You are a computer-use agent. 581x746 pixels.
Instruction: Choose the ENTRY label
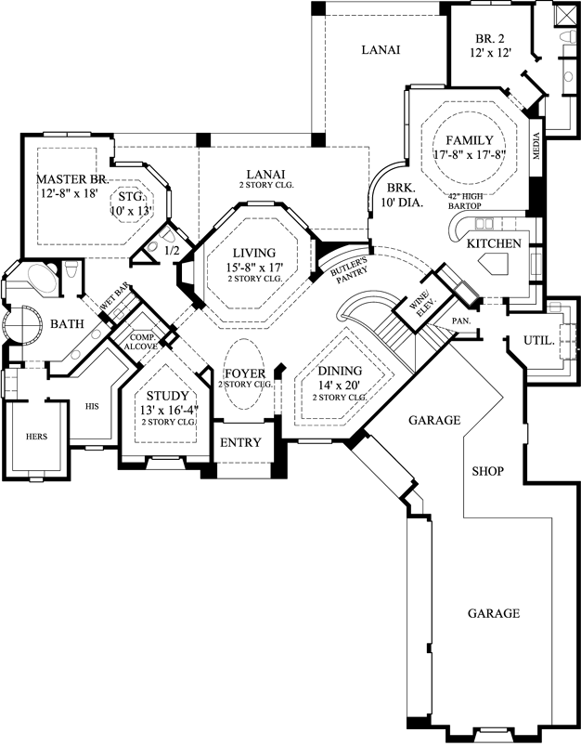point(240,442)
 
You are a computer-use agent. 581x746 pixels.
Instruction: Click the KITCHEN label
point(494,242)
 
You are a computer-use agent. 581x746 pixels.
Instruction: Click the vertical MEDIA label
point(536,147)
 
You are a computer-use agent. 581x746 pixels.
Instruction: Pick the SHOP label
point(487,471)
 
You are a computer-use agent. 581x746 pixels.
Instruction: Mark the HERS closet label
point(35,435)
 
